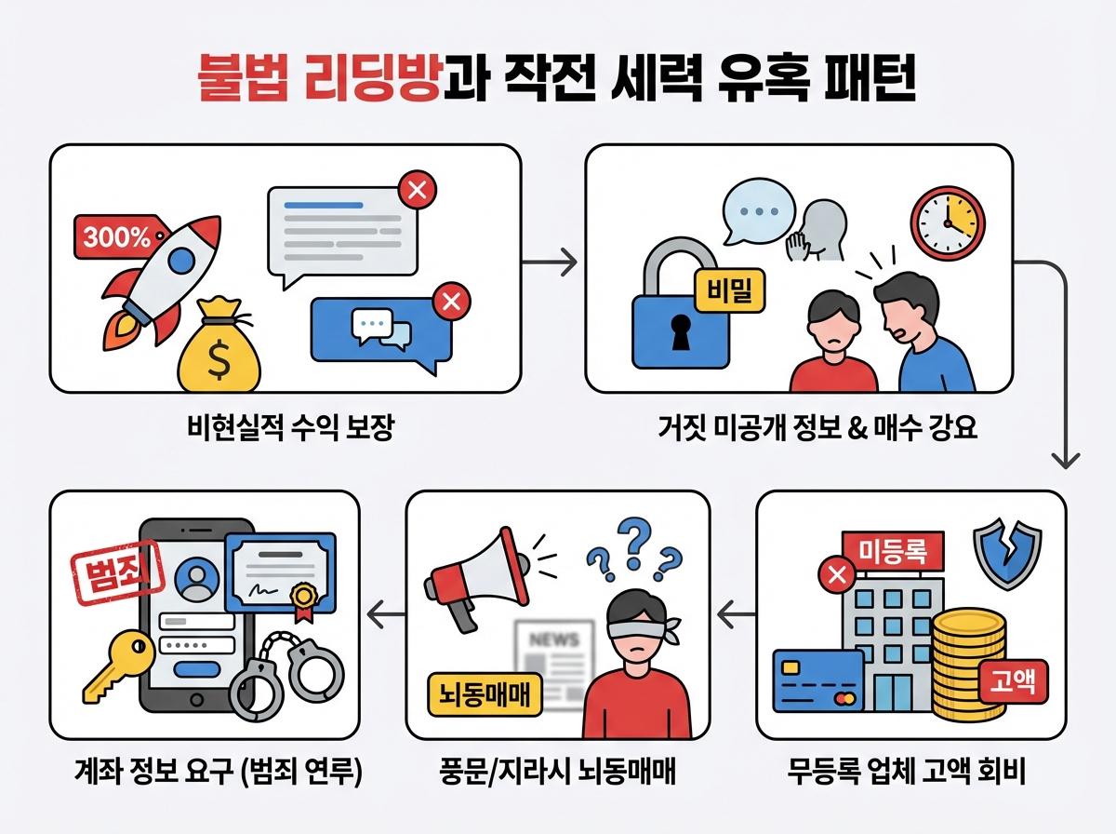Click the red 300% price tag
[x=117, y=237]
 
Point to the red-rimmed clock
[x=945, y=222]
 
